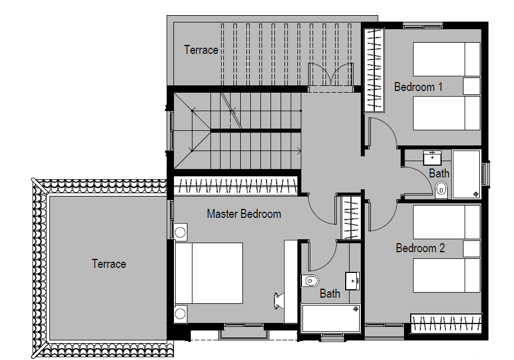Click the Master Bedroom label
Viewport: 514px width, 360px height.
(x=244, y=214)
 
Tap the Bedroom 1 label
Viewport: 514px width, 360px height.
(x=418, y=87)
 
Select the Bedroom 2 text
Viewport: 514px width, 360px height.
(x=420, y=248)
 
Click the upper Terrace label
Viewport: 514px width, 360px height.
(x=201, y=50)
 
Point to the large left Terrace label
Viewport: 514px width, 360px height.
(x=109, y=264)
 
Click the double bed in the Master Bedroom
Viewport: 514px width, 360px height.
(x=209, y=273)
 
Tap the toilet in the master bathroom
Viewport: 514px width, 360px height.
(x=310, y=280)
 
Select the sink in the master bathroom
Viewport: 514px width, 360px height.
(x=352, y=280)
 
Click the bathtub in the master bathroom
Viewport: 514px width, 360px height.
(x=331, y=318)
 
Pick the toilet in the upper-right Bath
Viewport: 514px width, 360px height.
(x=441, y=190)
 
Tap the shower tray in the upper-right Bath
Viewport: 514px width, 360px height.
(x=466, y=174)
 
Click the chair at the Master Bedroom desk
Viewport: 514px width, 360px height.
(x=279, y=300)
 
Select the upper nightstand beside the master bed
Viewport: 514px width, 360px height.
(x=180, y=231)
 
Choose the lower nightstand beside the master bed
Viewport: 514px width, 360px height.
(x=180, y=314)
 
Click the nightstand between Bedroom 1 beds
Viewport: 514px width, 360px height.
(x=471, y=86)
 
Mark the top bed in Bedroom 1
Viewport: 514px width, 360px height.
(x=447, y=60)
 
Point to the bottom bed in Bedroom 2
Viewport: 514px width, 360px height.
(x=447, y=275)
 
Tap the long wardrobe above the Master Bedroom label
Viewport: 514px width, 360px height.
(x=236, y=186)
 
